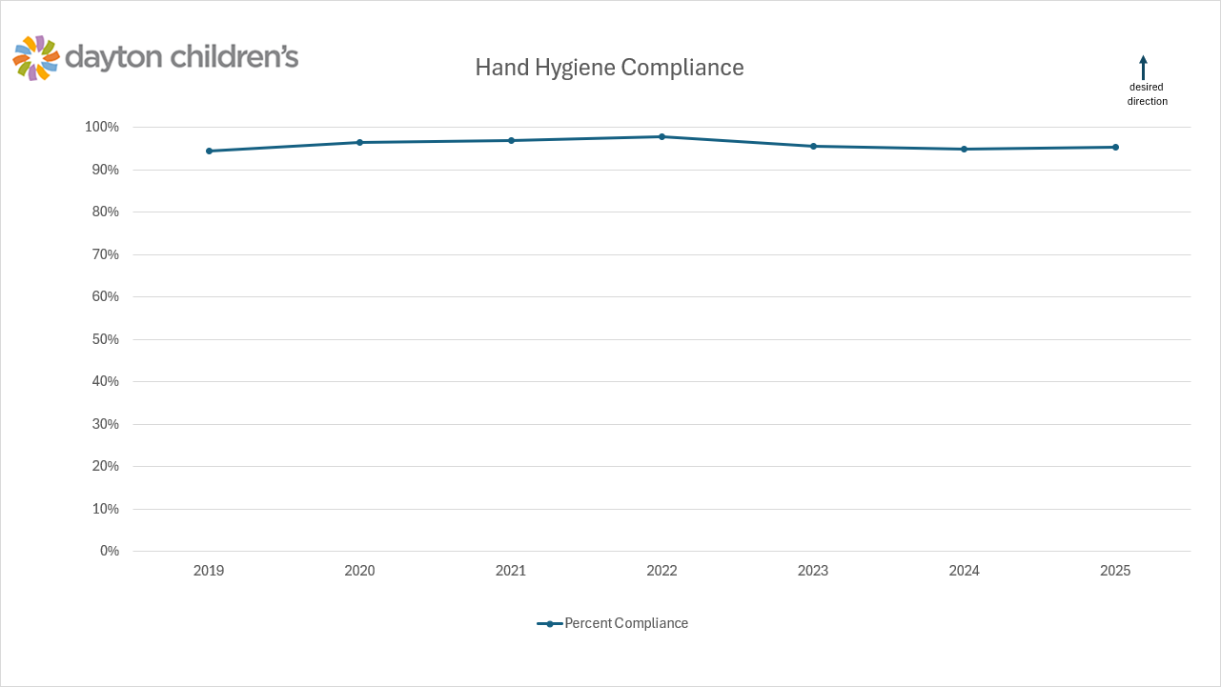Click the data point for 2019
[209, 151]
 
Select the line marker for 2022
[661, 136]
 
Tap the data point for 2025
[1115, 147]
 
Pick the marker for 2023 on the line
[813, 146]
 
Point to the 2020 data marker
[359, 142]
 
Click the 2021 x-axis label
[511, 571]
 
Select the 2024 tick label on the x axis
[964, 571]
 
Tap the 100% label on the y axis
[102, 127]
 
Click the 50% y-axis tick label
[105, 339]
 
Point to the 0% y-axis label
[109, 551]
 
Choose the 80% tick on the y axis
[105, 212]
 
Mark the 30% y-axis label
[105, 424]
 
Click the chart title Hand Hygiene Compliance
[609, 68]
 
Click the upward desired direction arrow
[1143, 67]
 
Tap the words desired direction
[1147, 93]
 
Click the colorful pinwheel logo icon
[36, 58]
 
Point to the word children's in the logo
[234, 57]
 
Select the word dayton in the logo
[114, 57]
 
